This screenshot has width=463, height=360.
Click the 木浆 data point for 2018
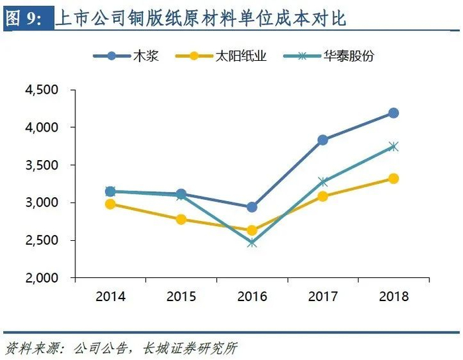click(x=394, y=112)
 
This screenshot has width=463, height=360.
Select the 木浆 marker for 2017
click(x=323, y=140)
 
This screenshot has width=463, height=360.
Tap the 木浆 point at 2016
click(x=252, y=207)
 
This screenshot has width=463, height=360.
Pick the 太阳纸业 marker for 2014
click(x=110, y=204)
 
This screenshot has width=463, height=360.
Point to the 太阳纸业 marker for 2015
click(x=181, y=219)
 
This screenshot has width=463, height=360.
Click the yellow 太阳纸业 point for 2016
click(x=252, y=230)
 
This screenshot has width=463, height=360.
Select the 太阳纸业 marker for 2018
click(x=394, y=179)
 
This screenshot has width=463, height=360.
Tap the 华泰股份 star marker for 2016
click(x=252, y=243)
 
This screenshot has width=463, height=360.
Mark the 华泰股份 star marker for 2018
click(x=394, y=146)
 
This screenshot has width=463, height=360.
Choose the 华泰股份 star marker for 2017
click(x=323, y=182)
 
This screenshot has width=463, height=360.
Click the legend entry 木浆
click(x=126, y=56)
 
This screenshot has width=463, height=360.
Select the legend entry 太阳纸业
click(x=221, y=56)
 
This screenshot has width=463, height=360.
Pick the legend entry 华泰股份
click(x=329, y=56)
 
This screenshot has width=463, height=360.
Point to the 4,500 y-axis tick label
click(x=42, y=90)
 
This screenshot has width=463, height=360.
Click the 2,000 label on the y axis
click(x=42, y=278)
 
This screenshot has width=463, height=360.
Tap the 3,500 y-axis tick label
click(x=42, y=165)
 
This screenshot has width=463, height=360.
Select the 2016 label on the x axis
click(x=252, y=296)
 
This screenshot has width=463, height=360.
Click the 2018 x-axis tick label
click(x=394, y=296)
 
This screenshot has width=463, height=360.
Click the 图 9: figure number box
click(x=28, y=19)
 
